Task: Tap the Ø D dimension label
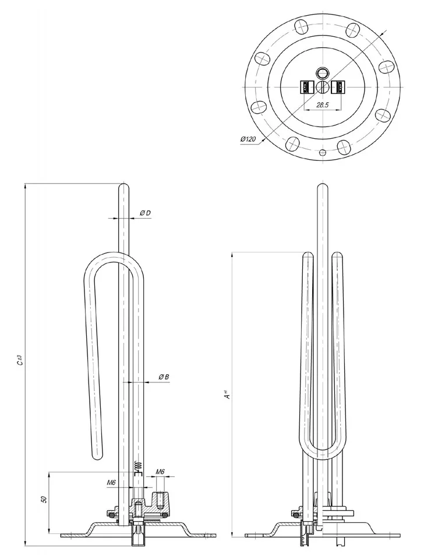pos(145,213)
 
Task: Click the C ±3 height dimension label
pos(19,360)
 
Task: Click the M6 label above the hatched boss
pos(161,472)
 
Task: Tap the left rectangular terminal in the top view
pos(306,87)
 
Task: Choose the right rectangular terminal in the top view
pos(337,87)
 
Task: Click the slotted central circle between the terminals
pos(321,87)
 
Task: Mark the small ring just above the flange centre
pos(321,73)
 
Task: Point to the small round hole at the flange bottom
pos(321,153)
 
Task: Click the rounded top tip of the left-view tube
pos(123,187)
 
